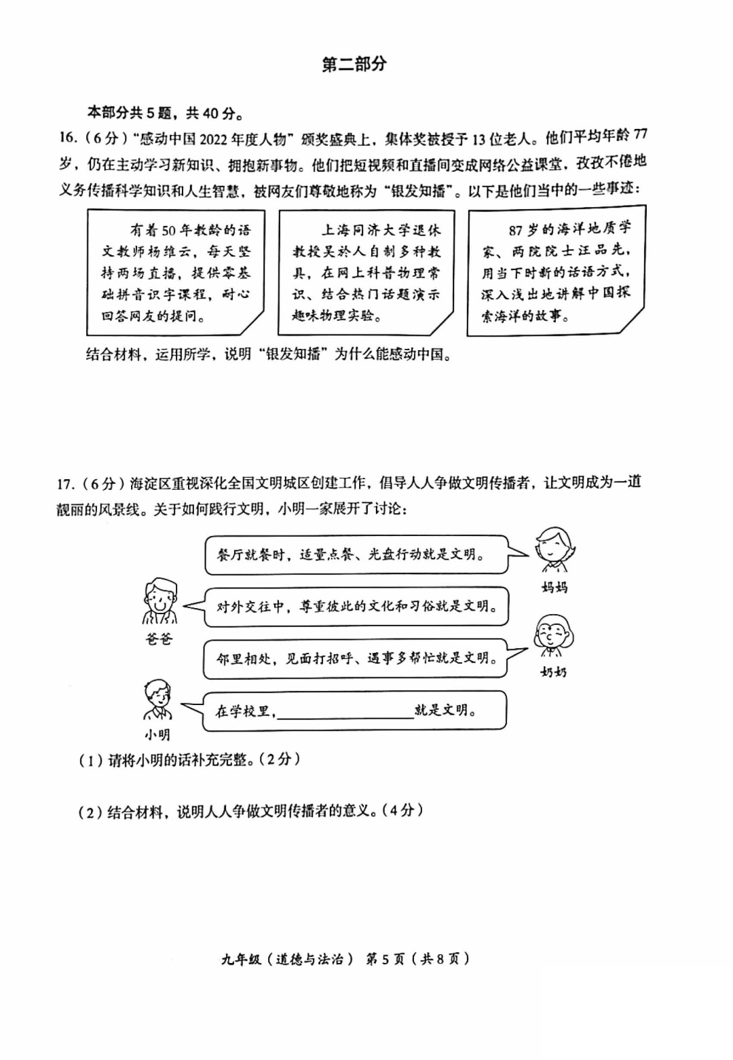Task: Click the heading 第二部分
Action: click(x=354, y=64)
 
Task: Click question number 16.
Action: click(x=68, y=137)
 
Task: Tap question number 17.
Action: click(x=66, y=484)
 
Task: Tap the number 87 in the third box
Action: click(x=515, y=231)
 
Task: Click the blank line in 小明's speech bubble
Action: click(x=345, y=719)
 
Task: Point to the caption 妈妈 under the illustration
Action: click(x=555, y=588)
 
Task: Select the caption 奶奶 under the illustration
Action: click(x=553, y=672)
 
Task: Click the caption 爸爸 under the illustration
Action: click(x=159, y=639)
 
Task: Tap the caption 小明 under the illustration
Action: click(x=157, y=736)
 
